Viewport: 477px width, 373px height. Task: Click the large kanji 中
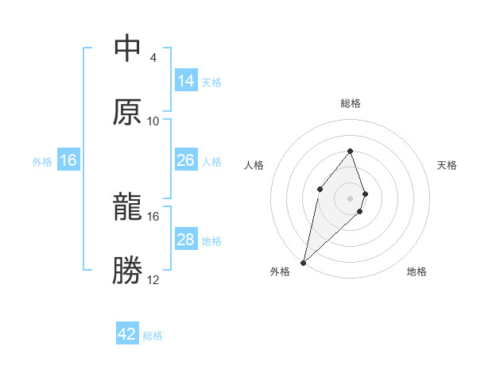(x=128, y=49)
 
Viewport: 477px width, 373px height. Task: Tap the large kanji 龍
(x=128, y=207)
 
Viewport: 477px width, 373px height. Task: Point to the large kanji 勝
(x=128, y=270)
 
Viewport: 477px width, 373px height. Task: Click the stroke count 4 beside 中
(x=153, y=58)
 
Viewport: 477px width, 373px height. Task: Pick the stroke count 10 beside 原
(x=153, y=121)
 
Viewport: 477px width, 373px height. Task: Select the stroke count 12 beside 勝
(x=153, y=279)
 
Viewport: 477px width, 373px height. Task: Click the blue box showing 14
(x=186, y=81)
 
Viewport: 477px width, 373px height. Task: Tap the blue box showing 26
(x=186, y=160)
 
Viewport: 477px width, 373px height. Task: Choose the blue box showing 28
(x=186, y=240)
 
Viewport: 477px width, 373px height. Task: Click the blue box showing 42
(x=127, y=334)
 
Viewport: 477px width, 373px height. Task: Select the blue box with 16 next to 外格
(x=68, y=160)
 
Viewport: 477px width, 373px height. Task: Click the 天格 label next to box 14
(x=211, y=82)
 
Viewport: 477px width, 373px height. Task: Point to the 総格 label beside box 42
(x=153, y=335)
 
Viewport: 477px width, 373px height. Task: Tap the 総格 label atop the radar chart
(x=350, y=103)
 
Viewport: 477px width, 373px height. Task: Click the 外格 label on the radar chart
(x=280, y=271)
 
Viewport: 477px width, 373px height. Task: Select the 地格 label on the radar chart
(x=417, y=271)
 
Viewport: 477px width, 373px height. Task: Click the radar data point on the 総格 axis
(x=350, y=151)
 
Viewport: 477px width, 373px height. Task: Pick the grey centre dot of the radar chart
(x=350, y=198)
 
